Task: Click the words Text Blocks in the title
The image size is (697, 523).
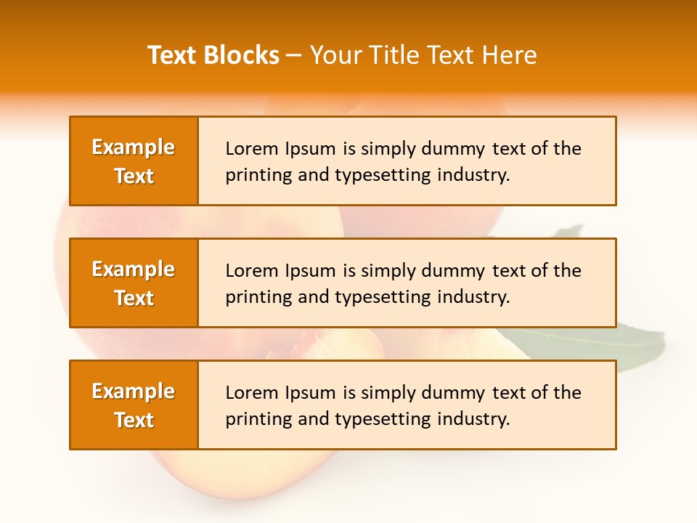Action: pos(213,55)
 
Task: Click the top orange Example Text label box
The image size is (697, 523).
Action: pos(134,161)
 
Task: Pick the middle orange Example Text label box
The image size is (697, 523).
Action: pos(134,283)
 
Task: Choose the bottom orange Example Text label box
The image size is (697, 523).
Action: pos(134,405)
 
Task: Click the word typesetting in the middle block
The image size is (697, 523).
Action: pos(377,297)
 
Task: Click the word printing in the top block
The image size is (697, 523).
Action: pos(250,175)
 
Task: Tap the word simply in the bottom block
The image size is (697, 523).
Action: pos(384,393)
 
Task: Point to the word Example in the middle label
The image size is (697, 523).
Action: pos(134,269)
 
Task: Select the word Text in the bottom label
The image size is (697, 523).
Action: pos(134,420)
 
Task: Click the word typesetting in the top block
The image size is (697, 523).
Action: pos(377,175)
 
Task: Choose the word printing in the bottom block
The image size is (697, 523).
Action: pos(250,419)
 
